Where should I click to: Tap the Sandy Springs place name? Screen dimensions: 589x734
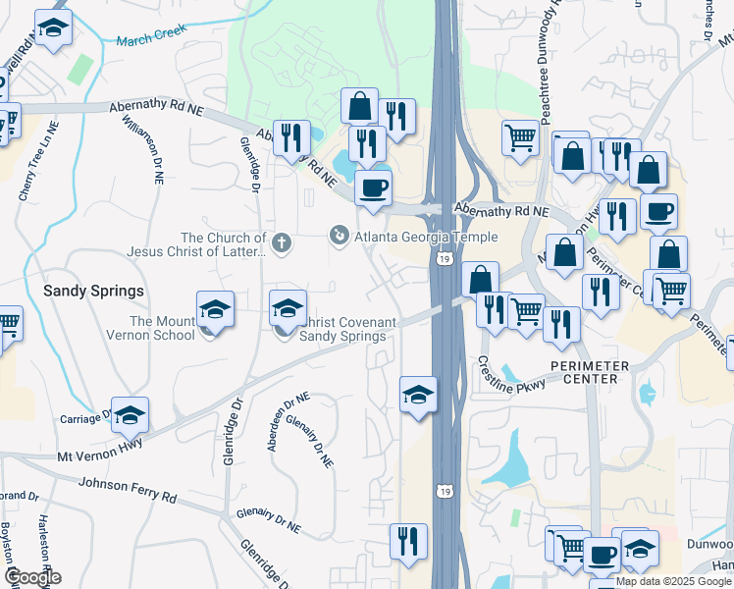93,292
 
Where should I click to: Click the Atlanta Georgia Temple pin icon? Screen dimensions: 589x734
339,236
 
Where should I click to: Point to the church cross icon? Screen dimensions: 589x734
283,241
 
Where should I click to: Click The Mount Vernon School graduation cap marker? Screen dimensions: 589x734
215,311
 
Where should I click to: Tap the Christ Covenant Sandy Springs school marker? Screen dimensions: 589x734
288,310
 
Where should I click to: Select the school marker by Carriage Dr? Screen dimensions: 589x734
129,416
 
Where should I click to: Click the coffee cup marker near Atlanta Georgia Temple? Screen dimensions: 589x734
372,187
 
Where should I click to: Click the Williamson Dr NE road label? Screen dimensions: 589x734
142,147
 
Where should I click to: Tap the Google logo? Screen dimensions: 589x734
32,577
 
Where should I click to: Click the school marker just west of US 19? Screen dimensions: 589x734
418,397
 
